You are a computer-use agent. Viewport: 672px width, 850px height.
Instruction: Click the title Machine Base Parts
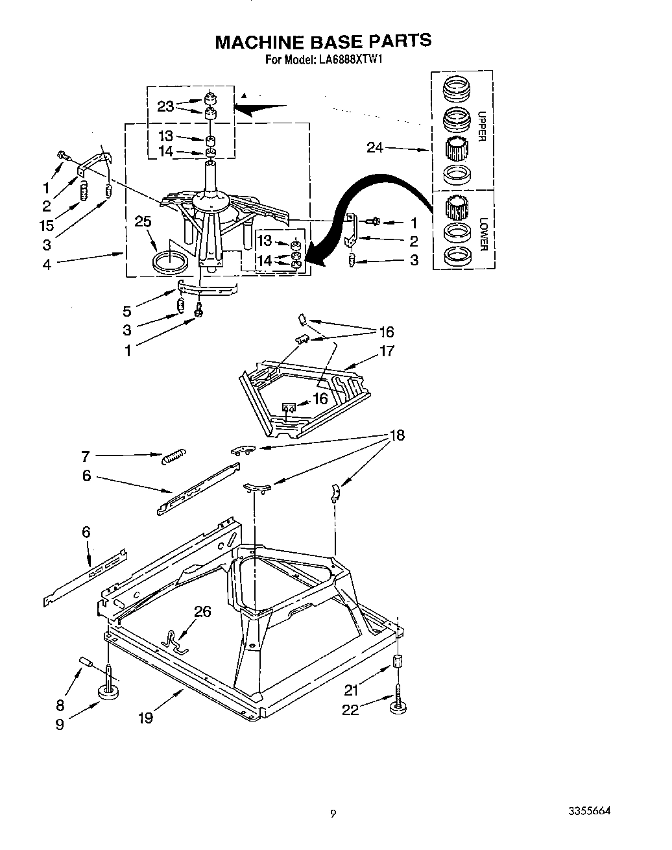(322, 41)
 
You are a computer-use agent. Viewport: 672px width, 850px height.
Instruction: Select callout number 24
(375, 148)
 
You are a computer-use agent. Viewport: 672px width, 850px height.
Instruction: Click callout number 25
(143, 222)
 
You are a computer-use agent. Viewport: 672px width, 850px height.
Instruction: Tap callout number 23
(166, 106)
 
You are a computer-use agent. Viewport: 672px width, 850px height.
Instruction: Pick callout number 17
(387, 351)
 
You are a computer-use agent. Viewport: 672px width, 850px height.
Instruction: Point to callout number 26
(202, 611)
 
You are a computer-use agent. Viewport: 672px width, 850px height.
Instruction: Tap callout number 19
(145, 718)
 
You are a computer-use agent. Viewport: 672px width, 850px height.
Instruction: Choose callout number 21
(351, 691)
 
